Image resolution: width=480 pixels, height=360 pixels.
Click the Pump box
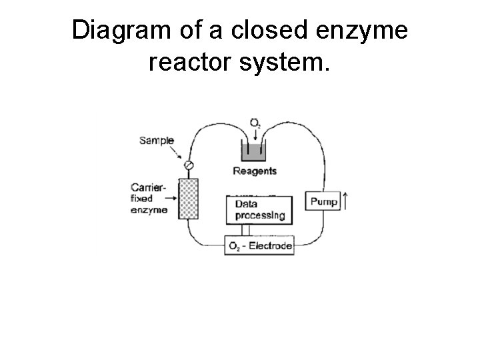323,201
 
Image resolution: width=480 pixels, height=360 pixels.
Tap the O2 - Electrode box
260,246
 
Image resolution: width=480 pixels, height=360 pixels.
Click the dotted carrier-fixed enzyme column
190,199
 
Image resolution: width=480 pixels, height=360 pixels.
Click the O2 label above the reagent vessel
255,123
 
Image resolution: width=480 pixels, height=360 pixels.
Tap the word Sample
157,141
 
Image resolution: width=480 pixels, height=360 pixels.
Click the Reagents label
255,171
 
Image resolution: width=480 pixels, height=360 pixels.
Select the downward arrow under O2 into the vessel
255,135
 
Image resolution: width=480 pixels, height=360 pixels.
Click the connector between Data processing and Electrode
246,230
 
